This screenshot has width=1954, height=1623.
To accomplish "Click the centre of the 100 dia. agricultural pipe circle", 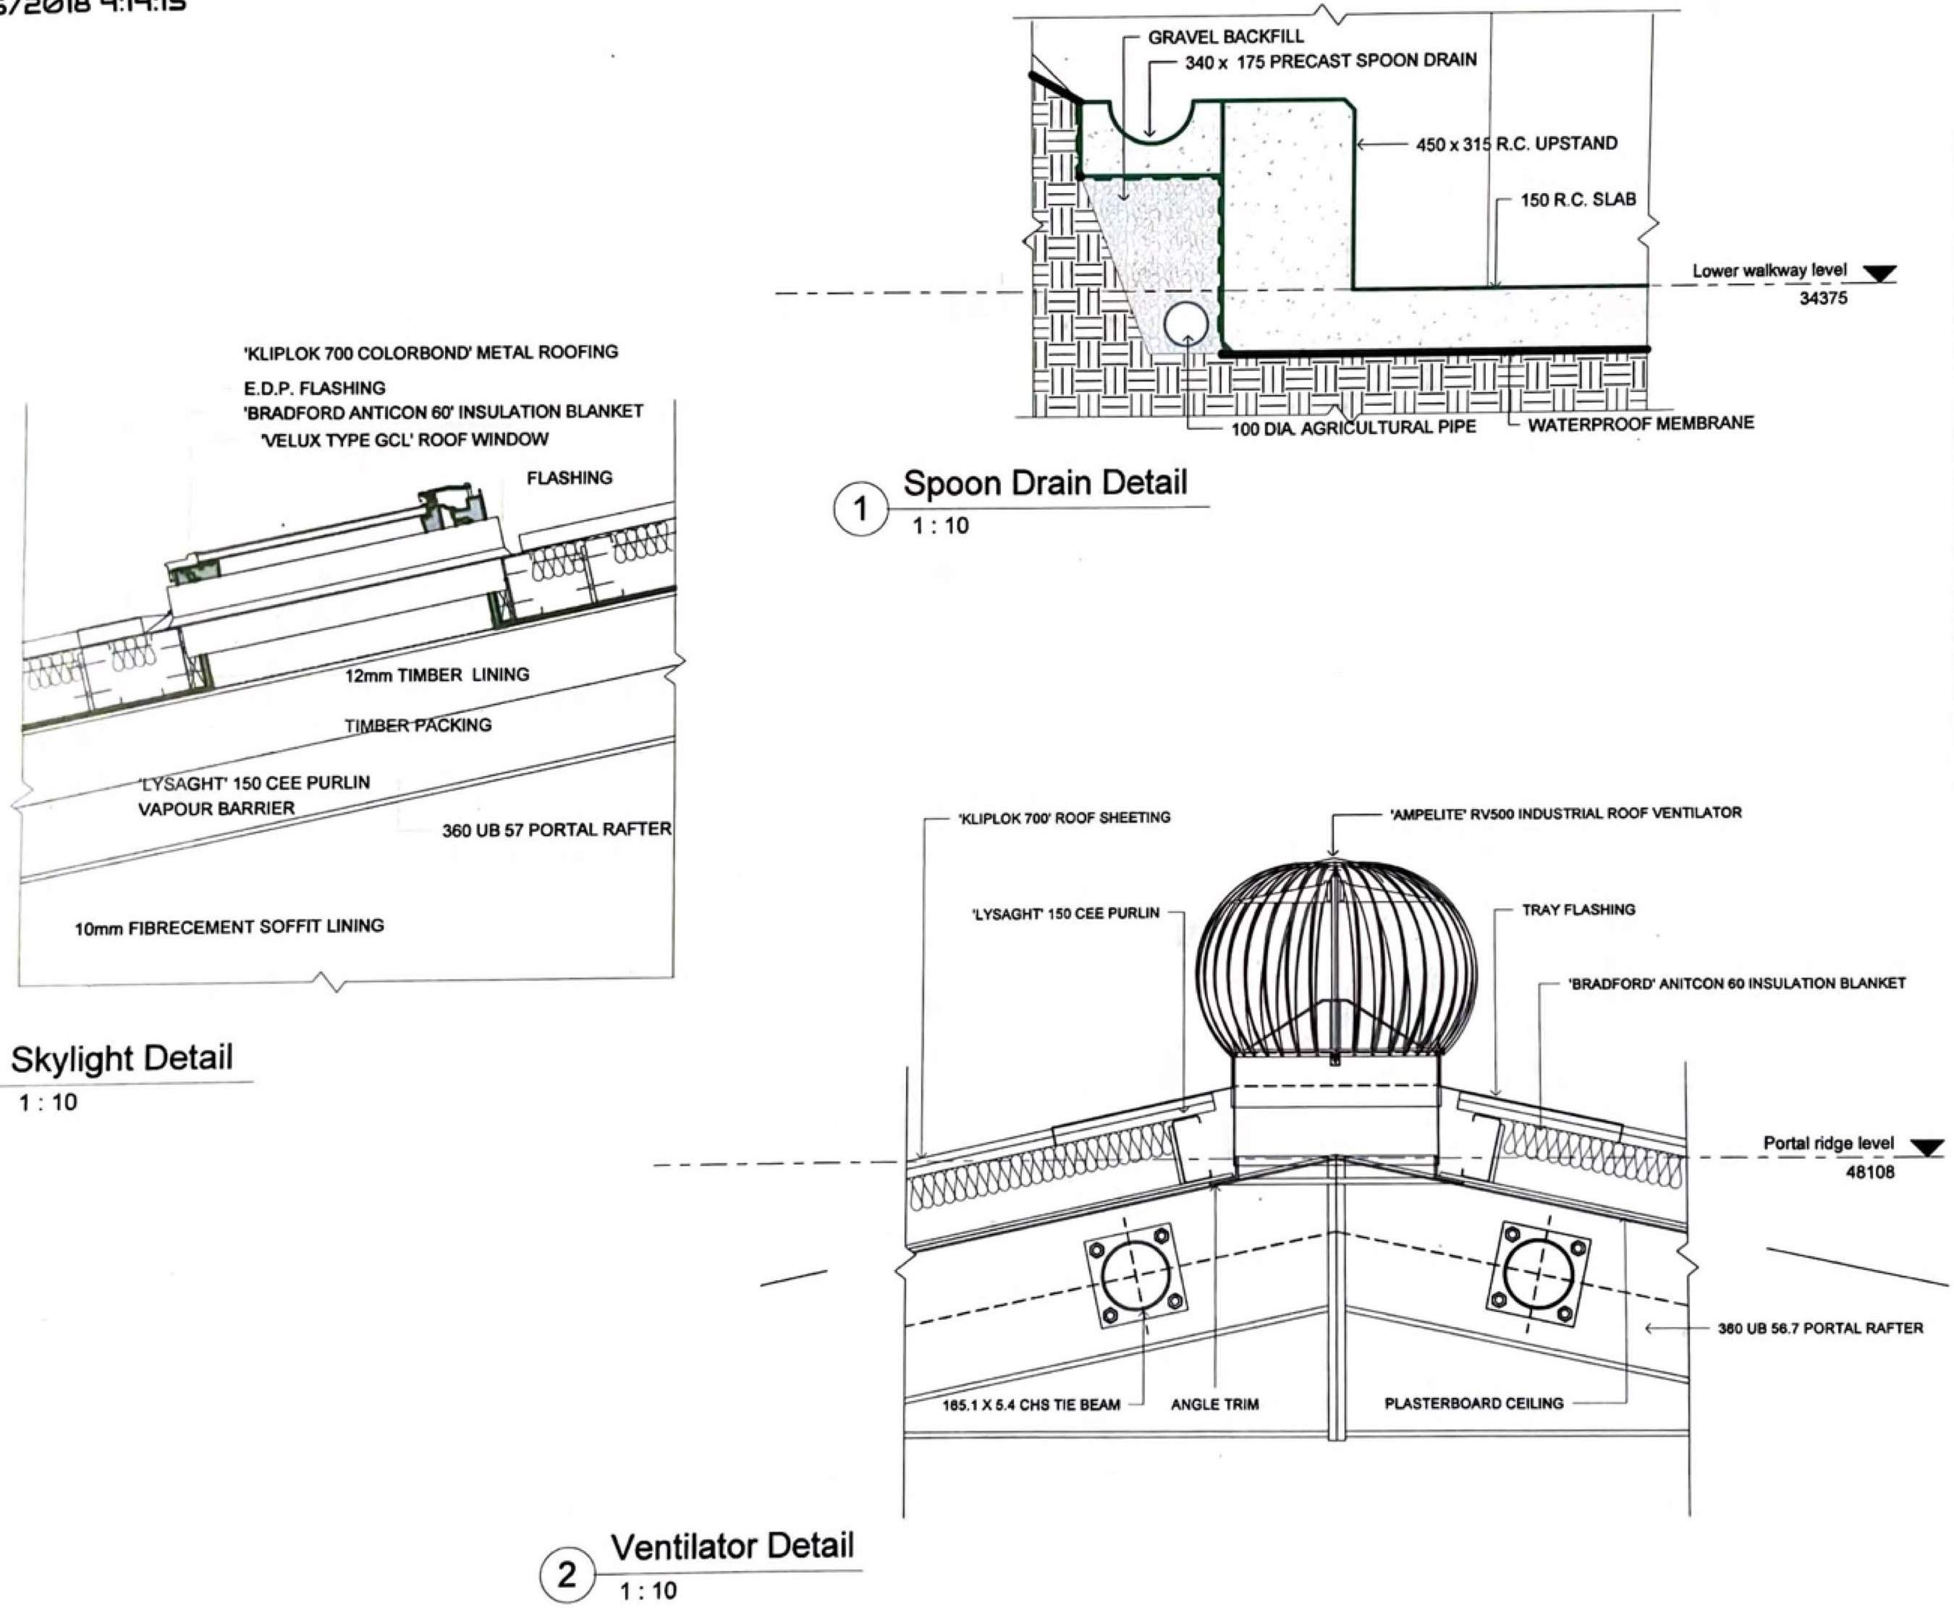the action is pos(1186,325).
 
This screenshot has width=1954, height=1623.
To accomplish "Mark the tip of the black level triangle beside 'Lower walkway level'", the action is pos(1879,281).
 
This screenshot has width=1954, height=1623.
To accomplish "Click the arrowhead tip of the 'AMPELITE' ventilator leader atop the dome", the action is pos(1332,856).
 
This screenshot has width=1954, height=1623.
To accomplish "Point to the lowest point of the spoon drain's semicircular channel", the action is pos(1150,142).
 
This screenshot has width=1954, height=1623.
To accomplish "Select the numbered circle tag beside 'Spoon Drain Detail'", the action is pos(860,508).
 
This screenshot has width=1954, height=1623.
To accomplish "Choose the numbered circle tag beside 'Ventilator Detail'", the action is pos(567,1575).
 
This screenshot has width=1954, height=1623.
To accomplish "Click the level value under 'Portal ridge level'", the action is pos(1869,1172).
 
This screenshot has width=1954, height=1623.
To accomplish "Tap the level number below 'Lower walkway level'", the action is pos(1823,299).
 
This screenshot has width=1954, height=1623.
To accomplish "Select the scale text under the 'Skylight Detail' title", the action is pos(48,1102).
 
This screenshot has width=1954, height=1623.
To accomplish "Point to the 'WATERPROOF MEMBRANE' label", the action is pos(1641,423).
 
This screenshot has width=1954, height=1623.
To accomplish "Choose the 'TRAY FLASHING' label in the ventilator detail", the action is pos(1578,910).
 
